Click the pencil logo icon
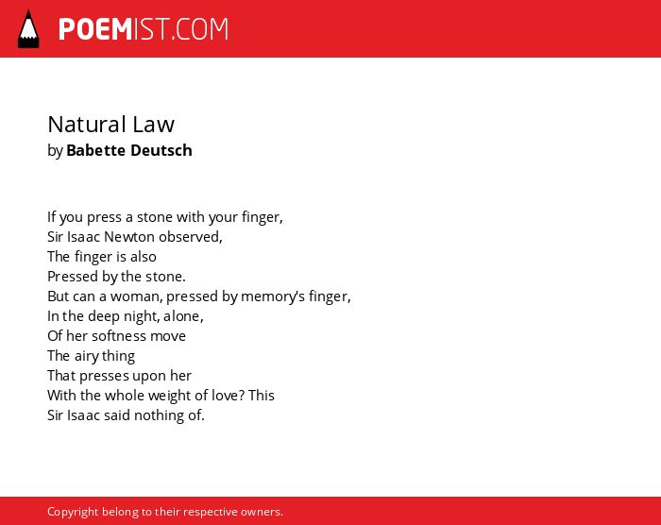pyautogui.click(x=28, y=29)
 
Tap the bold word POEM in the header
pyautogui.click(x=95, y=29)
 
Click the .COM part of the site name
pyautogui.click(x=200, y=29)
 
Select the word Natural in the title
pyautogui.click(x=87, y=125)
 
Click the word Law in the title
pyautogui.click(x=153, y=125)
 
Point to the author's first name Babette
pyautogui.click(x=96, y=150)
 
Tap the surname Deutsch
pyautogui.click(x=161, y=150)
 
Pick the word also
pyautogui.click(x=144, y=257)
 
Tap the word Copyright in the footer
pyautogui.click(x=73, y=512)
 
